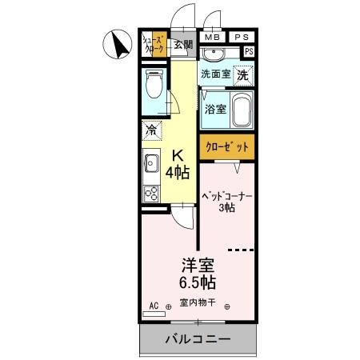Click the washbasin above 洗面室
tap(214, 54)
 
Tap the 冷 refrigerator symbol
tap(151, 129)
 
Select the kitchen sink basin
tap(150, 165)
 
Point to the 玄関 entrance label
tap(183, 45)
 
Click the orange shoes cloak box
tap(153, 45)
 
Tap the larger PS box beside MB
tap(241, 37)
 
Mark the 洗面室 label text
tap(215, 74)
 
